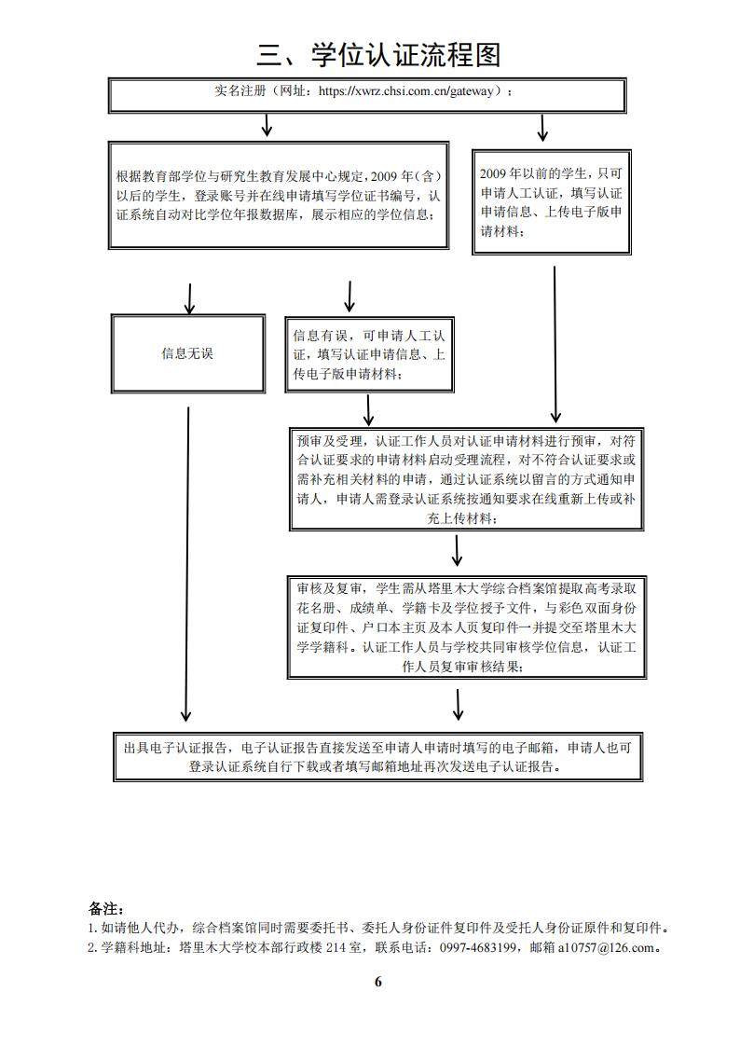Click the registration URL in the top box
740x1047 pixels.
[x=410, y=91]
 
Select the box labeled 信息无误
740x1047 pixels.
[x=187, y=353]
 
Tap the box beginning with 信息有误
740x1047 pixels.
[x=370, y=353]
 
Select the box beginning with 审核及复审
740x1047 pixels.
[x=466, y=627]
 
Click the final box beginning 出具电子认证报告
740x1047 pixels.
[x=377, y=757]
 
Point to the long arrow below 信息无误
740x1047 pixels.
[x=187, y=564]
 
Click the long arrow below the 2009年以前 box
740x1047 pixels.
[x=555, y=345]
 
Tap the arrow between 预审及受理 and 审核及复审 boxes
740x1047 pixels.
[x=457, y=550]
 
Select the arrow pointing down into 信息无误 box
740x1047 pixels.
[x=189, y=298]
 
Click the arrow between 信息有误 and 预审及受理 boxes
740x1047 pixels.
[x=369, y=409]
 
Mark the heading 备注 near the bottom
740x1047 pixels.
[x=105, y=908]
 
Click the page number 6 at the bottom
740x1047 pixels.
[x=377, y=981]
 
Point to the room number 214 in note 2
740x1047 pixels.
[x=323, y=948]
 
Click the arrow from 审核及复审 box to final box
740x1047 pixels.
[x=458, y=704]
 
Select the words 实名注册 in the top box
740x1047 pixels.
[x=237, y=91]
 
